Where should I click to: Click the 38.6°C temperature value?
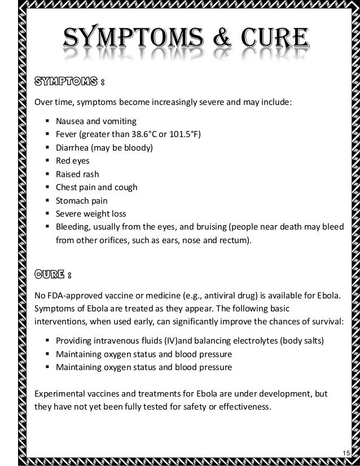[x=154, y=134]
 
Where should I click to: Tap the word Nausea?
[x=69, y=121]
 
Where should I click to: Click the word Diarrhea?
[x=73, y=147]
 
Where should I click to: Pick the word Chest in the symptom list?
[x=66, y=187]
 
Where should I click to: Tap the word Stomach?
[x=72, y=200]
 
